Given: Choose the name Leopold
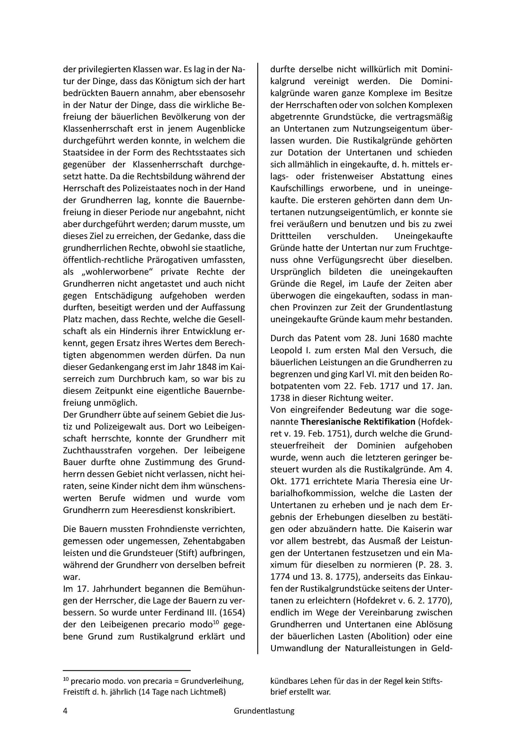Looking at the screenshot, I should (287, 350).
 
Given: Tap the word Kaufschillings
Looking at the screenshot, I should (297, 189).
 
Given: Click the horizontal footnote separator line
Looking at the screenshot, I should (127, 670).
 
